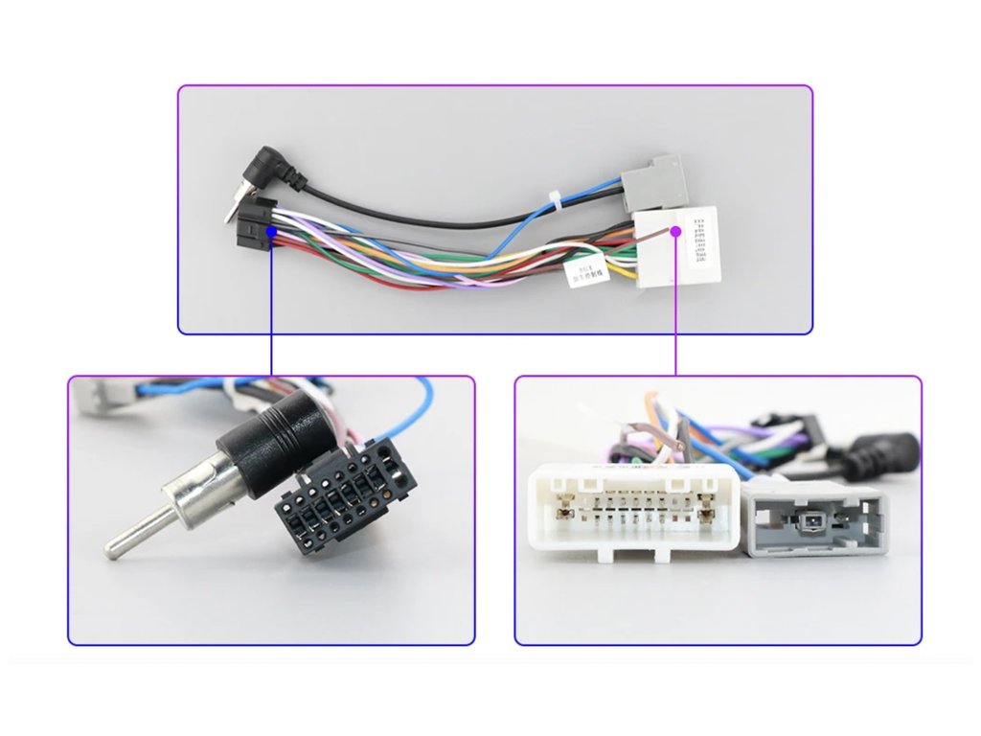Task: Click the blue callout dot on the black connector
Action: (x=272, y=231)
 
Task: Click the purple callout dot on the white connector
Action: (x=676, y=231)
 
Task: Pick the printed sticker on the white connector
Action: (x=703, y=244)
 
